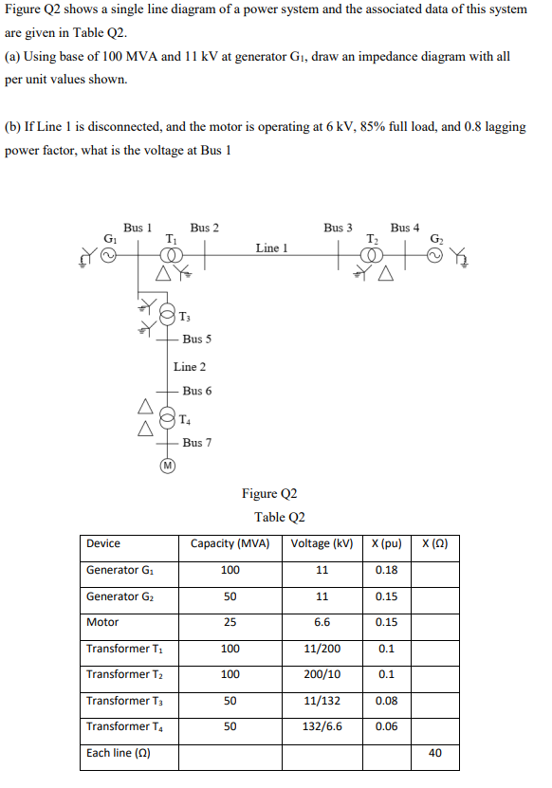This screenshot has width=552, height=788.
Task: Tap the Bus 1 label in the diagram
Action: (x=138, y=228)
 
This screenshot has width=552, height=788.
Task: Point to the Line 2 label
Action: (x=190, y=366)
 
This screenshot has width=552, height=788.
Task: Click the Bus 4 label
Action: (x=406, y=228)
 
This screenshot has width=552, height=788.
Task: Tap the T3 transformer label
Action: (x=184, y=316)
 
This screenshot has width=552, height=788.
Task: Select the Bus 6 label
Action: (x=197, y=391)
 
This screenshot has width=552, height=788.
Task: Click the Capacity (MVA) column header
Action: (x=230, y=543)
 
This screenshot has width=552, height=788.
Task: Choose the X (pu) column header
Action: (x=386, y=543)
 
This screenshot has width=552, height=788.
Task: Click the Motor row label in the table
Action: (x=102, y=622)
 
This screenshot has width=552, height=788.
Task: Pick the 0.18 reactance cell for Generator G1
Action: (x=386, y=570)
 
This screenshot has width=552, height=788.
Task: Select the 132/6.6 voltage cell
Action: (x=322, y=726)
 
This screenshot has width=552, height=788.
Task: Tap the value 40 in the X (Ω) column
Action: (x=435, y=753)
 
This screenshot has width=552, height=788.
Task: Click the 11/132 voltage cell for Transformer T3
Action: (x=322, y=701)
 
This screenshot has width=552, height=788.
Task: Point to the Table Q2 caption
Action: (x=280, y=517)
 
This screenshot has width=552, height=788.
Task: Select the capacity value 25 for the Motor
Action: (x=230, y=622)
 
